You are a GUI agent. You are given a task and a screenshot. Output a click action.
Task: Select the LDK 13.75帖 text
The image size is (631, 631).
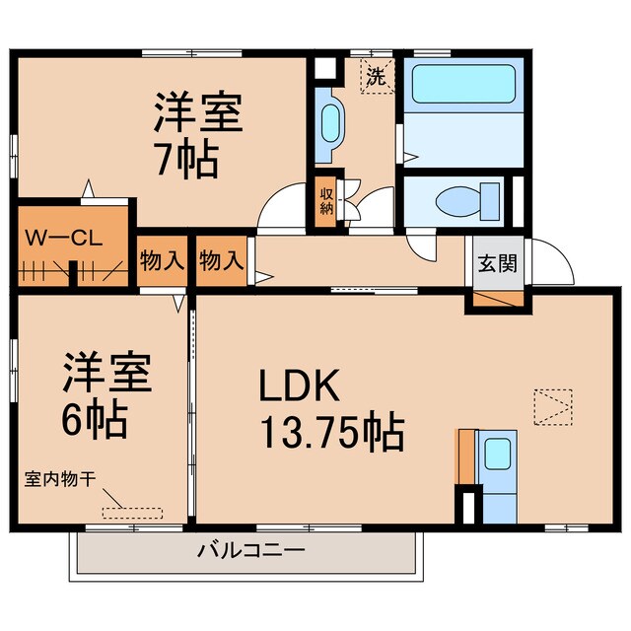[x=329, y=408]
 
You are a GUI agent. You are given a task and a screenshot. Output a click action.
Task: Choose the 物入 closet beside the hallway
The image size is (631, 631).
[x=221, y=261]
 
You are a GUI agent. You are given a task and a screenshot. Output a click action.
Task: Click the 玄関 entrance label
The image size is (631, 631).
[x=494, y=263]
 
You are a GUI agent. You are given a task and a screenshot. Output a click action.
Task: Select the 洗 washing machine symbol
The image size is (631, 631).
[x=376, y=77]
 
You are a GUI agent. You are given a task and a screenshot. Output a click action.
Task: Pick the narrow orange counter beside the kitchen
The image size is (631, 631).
[x=464, y=456]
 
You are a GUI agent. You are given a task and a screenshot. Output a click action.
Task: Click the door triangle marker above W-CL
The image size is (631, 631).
[x=88, y=188]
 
